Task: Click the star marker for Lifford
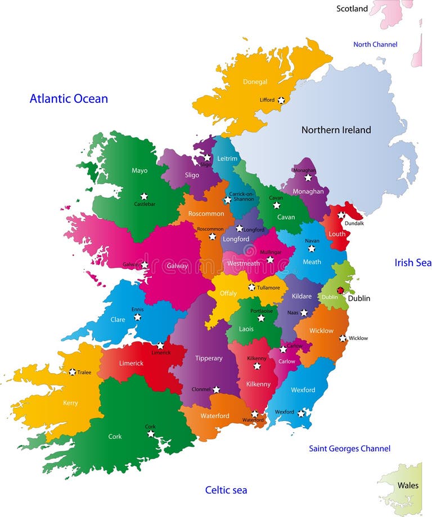281,100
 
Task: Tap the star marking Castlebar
144,196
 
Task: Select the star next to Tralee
72,372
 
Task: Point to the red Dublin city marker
340,291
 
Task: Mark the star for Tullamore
251,287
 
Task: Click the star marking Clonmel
216,389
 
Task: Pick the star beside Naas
304,312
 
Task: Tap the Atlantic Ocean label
69,99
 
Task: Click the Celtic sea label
226,490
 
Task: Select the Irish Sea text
413,262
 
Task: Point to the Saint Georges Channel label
349,448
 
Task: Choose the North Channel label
375,44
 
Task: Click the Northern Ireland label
336,130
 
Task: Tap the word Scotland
352,8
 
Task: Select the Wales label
408,485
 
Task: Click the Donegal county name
255,81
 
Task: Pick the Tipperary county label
209,358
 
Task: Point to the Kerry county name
70,403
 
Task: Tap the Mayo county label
139,170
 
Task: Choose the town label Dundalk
354,223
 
